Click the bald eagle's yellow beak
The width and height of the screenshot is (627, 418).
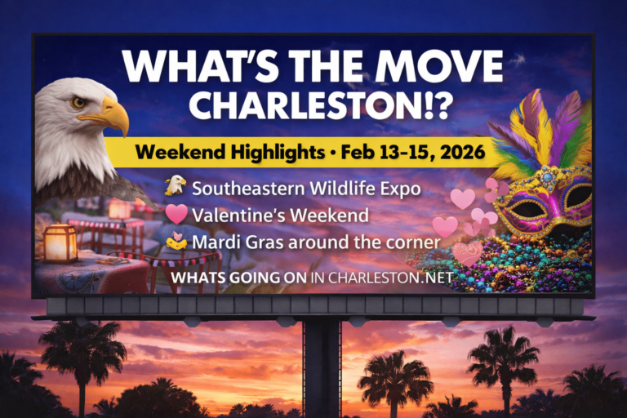point(113,116)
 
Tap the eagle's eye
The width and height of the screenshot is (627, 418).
point(79,103)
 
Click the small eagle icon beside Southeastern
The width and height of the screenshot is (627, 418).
point(175,187)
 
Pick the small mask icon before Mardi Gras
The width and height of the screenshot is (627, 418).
point(176,241)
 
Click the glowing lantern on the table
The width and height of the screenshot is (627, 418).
point(60,242)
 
